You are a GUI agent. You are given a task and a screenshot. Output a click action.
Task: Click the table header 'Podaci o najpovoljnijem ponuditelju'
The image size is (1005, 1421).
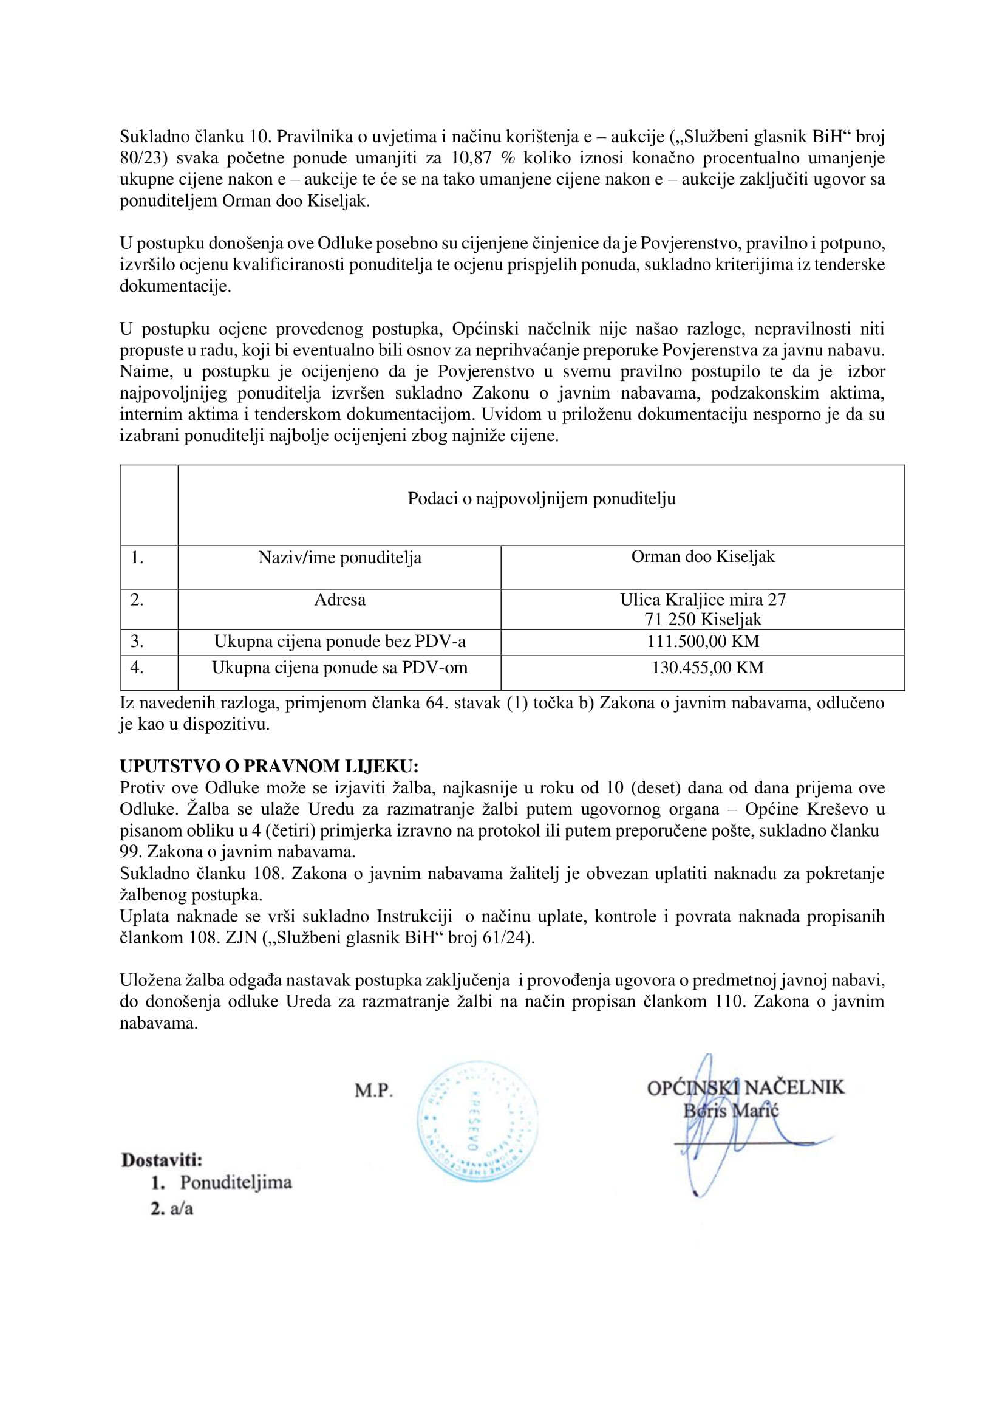coord(541,498)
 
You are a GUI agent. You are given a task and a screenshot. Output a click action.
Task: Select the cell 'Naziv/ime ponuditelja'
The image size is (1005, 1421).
coord(339,557)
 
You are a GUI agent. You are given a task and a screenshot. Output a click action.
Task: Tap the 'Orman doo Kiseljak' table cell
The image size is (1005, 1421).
coord(703,556)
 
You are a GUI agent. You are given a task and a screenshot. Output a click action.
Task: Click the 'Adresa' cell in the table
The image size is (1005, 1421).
coord(339,600)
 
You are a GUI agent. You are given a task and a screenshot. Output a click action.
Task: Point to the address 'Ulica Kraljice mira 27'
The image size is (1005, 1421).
coord(703,600)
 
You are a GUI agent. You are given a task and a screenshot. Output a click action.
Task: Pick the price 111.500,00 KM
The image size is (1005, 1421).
coord(703,641)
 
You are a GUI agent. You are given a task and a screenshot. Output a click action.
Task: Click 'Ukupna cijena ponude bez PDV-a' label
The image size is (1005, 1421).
coord(339,641)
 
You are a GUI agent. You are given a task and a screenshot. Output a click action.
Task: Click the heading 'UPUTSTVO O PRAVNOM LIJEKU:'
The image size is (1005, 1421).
coord(268,766)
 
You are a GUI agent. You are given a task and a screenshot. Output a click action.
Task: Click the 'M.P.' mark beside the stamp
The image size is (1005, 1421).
coord(373,1091)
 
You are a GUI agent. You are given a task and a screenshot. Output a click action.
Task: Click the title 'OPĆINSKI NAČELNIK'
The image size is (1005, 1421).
coord(745,1087)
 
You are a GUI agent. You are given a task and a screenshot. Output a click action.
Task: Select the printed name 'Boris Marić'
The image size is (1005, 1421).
coord(731,1110)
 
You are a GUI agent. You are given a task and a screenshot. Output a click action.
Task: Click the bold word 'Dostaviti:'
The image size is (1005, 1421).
coord(162,1160)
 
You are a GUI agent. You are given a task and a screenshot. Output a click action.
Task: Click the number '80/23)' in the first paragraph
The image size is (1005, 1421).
coord(143,158)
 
